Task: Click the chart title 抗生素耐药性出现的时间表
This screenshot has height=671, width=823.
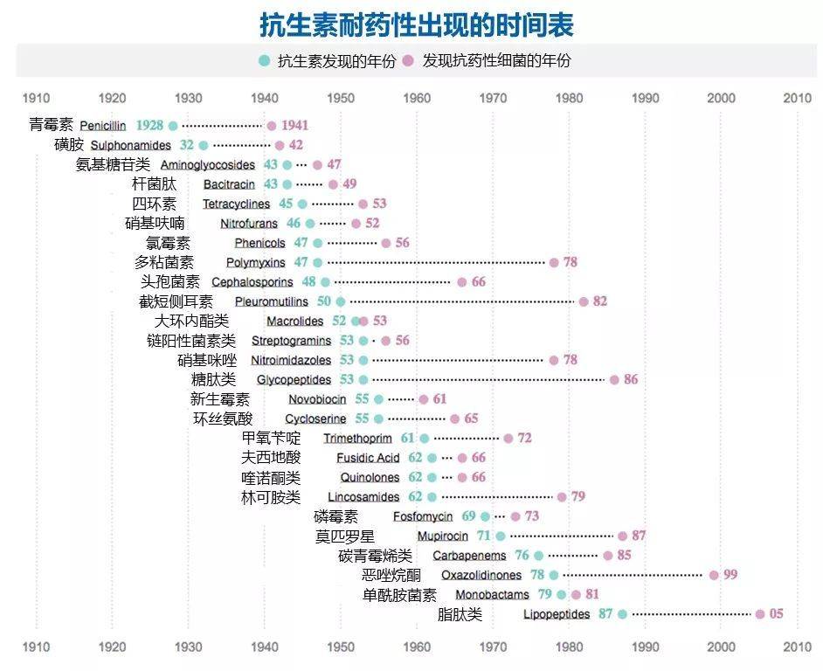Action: [x=417, y=25]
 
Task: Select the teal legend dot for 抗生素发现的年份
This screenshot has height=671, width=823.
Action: [x=264, y=61]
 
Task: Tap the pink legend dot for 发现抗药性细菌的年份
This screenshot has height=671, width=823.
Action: [x=408, y=61]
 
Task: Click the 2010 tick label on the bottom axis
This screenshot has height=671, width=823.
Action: [x=797, y=647]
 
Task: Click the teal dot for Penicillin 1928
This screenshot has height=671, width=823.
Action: [x=173, y=126]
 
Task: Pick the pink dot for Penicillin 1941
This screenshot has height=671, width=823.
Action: [x=272, y=126]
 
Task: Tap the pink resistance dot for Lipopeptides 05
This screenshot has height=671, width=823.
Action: [x=760, y=614]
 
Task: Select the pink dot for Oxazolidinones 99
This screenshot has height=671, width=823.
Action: [x=714, y=575]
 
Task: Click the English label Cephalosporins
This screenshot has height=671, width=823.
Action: [x=252, y=282]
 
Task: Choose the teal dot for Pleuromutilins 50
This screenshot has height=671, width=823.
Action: [x=341, y=301]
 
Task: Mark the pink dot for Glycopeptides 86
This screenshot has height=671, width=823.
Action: [x=614, y=379]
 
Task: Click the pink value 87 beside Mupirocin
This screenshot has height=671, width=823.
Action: [x=639, y=536]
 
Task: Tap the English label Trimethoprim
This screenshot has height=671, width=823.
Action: [x=357, y=439]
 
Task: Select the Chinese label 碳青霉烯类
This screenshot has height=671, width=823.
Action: [x=375, y=556]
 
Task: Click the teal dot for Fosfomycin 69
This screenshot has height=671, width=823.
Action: [x=485, y=516]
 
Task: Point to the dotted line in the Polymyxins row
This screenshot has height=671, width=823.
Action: [x=437, y=262]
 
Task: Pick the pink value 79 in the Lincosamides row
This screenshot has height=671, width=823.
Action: [x=577, y=497]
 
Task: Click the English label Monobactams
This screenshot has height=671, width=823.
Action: [x=492, y=595]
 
